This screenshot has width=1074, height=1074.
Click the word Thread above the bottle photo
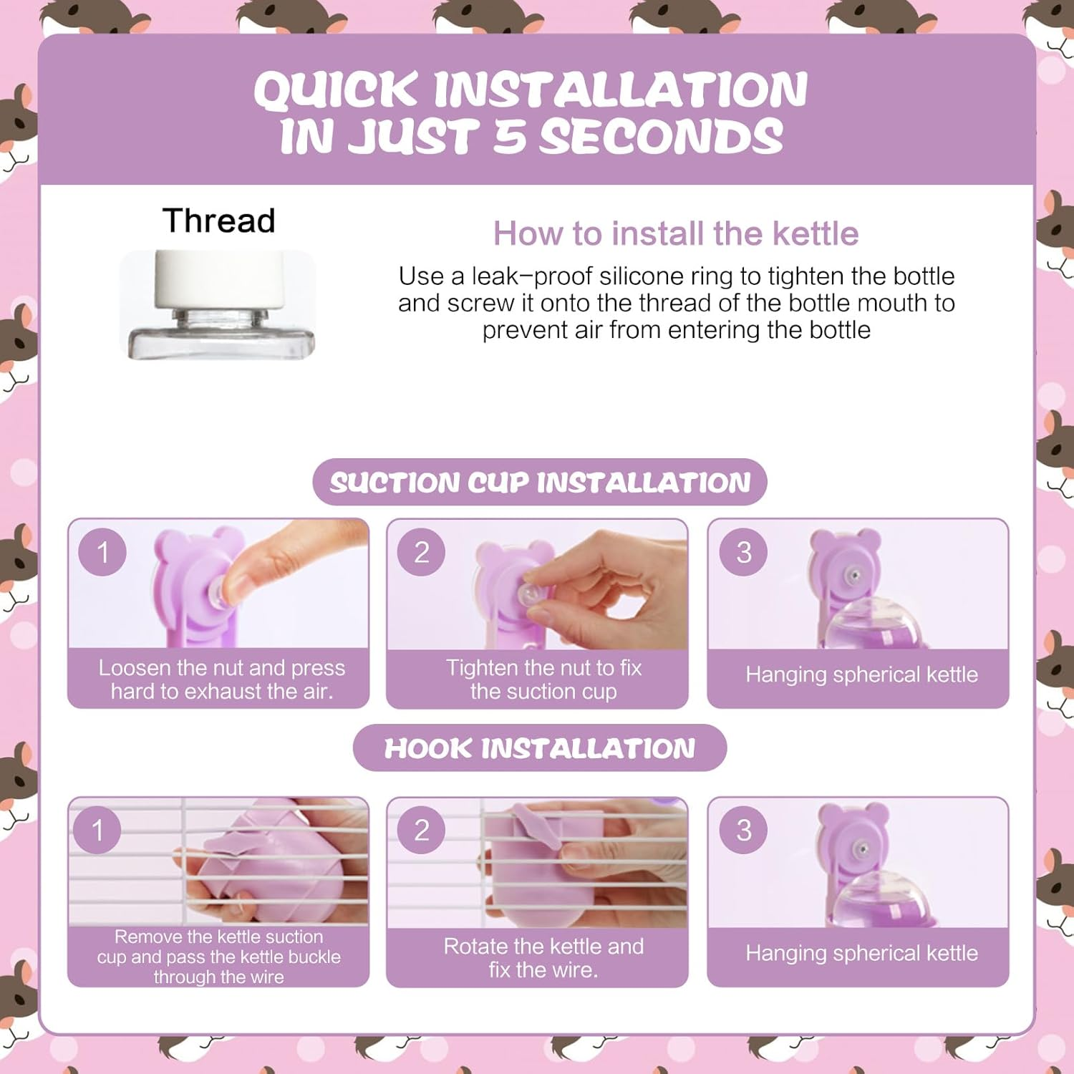point(218,221)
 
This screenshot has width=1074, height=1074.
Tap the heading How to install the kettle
point(676,233)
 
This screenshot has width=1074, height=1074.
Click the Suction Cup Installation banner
point(540,482)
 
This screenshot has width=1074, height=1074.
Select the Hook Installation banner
point(540,748)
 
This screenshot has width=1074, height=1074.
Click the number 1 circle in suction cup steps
point(102,552)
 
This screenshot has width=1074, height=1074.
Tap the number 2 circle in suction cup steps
point(421,552)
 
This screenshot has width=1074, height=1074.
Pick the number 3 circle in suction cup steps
point(744,552)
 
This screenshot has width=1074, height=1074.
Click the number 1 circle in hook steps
point(97,830)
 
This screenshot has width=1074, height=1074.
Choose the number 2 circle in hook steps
point(421,830)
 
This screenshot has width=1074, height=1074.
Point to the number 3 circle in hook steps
point(744,830)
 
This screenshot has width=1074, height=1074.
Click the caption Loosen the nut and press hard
point(222,679)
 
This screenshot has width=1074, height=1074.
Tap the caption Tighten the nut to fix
point(543,679)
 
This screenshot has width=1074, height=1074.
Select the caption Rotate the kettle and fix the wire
point(543,958)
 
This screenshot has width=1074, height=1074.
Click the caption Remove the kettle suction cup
point(219,957)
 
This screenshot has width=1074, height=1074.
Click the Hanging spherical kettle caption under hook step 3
point(861,953)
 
